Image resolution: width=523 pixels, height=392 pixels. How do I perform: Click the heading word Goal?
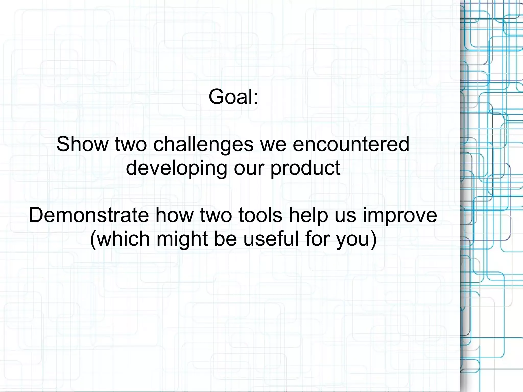233,97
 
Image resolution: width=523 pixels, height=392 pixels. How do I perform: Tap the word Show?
82,144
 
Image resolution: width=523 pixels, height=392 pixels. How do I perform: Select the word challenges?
203,144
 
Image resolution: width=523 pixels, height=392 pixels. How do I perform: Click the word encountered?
351,144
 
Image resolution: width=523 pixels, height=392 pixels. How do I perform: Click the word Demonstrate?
89,215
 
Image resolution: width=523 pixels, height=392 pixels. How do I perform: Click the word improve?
400,215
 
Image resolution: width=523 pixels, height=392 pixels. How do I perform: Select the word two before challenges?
131,144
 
